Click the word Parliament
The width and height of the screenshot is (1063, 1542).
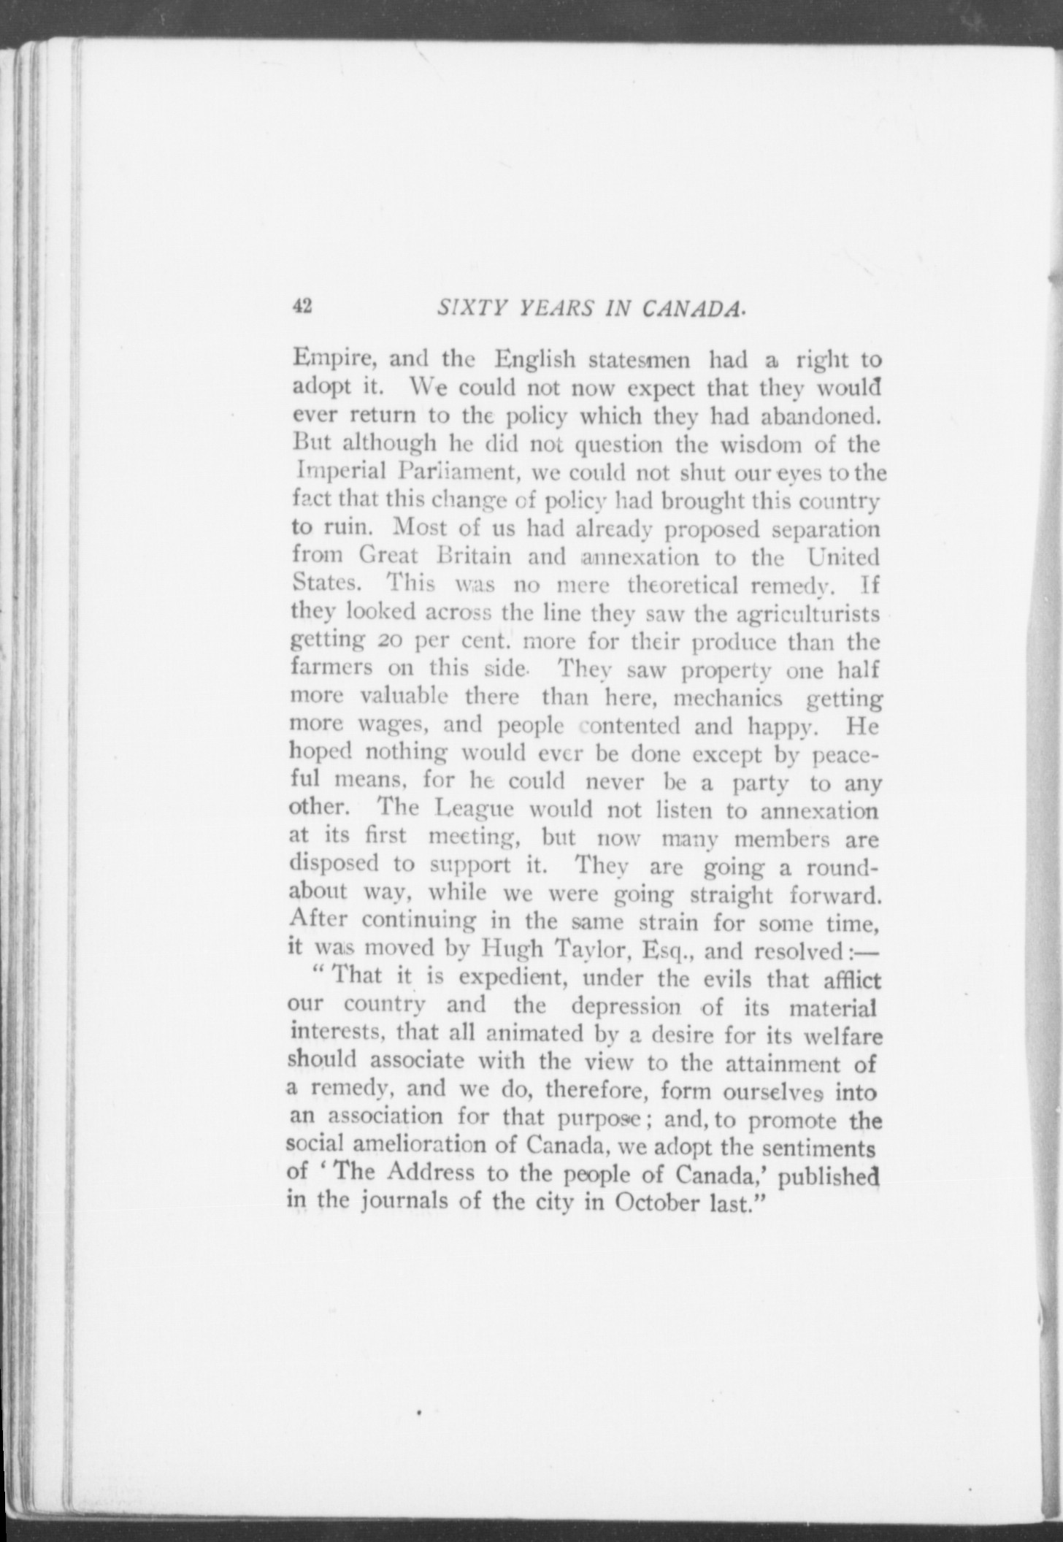(x=458, y=472)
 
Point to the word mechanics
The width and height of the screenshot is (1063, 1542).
(x=727, y=698)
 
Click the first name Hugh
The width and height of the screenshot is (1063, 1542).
(x=513, y=950)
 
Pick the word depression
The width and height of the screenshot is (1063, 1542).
(x=626, y=1005)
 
